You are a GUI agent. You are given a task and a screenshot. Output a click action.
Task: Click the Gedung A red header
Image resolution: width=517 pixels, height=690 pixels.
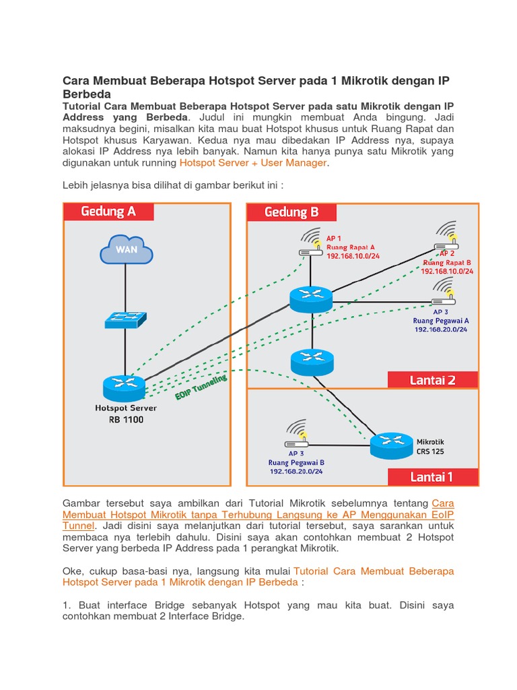point(108,212)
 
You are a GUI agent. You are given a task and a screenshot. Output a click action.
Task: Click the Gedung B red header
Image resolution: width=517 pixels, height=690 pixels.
point(291,212)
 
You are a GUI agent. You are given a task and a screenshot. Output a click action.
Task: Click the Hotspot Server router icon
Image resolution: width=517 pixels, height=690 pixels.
point(125,387)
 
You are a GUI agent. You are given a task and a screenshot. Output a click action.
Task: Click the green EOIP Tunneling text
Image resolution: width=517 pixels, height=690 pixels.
point(201,389)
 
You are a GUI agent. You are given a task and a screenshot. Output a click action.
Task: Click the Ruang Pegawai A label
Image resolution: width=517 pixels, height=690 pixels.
point(441,321)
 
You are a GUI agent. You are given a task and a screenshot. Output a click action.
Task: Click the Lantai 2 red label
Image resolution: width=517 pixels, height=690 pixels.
point(432,380)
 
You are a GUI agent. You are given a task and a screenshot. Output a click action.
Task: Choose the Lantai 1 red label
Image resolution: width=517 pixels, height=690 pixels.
point(432,477)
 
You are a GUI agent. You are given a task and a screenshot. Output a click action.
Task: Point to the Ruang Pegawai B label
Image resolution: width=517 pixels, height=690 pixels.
point(296,462)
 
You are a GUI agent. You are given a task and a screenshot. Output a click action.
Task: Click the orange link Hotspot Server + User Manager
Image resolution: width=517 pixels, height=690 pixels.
point(253,163)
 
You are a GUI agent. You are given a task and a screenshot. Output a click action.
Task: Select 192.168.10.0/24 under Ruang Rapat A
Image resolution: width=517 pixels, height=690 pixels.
point(353,256)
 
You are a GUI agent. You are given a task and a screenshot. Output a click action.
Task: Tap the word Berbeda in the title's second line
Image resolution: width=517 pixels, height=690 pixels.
point(86,94)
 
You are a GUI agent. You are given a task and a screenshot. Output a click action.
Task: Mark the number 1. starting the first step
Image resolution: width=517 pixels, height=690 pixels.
point(67,605)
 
